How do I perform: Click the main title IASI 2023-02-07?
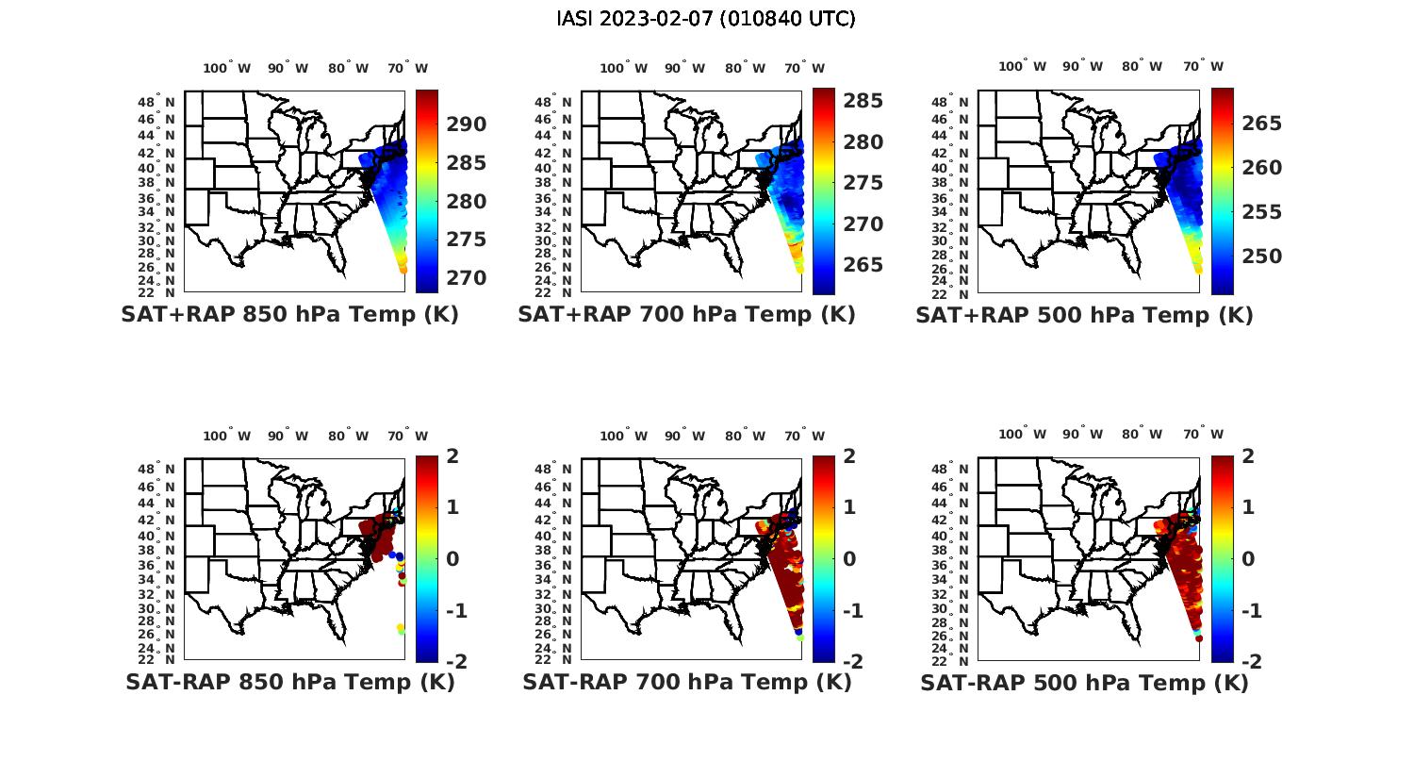click(706, 19)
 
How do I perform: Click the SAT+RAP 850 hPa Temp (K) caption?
click(289, 314)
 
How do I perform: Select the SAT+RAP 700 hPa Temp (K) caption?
click(686, 314)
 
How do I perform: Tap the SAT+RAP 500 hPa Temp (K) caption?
click(1084, 315)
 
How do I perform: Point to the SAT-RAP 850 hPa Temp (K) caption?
click(289, 682)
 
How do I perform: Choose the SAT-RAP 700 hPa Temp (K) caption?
click(686, 682)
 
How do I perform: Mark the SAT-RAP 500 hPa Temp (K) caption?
click(1084, 683)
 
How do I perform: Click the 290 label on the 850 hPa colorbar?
click(466, 124)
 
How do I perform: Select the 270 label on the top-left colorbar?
click(466, 278)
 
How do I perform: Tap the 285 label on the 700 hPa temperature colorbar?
click(863, 101)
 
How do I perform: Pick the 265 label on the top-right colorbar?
click(1261, 124)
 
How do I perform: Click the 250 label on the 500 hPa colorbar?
click(1261, 257)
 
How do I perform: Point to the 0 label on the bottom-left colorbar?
click(452, 558)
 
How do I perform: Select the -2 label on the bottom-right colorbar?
click(1251, 662)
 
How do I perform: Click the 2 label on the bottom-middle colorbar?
click(849, 456)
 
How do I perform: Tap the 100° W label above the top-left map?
click(227, 68)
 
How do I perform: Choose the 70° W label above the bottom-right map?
click(1203, 435)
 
